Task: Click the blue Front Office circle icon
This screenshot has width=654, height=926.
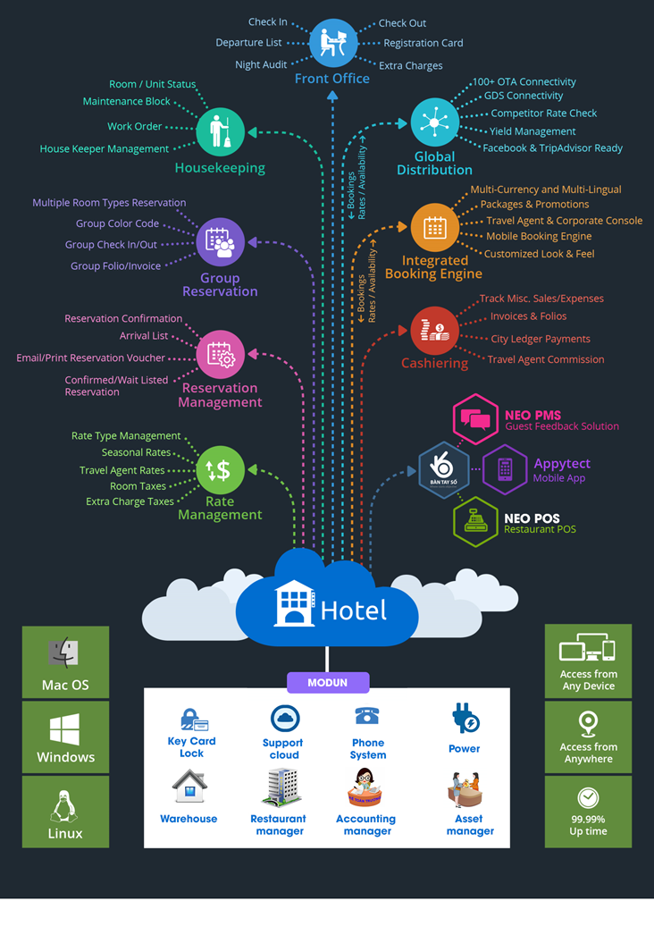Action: click(x=332, y=43)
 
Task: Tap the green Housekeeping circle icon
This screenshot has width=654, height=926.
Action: click(x=220, y=131)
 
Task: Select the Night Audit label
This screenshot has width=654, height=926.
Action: click(x=261, y=64)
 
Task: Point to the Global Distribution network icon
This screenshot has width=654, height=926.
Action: click(x=435, y=122)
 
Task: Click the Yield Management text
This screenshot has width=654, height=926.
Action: click(x=532, y=131)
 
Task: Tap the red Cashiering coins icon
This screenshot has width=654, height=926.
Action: click(x=435, y=330)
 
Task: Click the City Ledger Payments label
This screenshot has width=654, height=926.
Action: click(x=541, y=339)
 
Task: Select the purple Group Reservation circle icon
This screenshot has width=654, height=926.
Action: click(x=220, y=242)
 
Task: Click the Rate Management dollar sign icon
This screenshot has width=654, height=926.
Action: click(x=220, y=469)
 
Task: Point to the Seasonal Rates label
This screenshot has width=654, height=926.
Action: click(x=136, y=452)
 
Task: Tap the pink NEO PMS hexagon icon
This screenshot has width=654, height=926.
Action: click(x=474, y=418)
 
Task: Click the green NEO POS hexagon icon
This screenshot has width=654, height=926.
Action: click(x=474, y=522)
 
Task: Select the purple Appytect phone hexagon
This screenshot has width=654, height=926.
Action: click(x=505, y=469)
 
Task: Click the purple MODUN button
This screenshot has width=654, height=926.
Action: click(x=328, y=682)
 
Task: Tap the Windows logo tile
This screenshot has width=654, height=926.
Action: click(x=65, y=737)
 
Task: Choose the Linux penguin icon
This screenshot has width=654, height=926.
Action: click(x=65, y=807)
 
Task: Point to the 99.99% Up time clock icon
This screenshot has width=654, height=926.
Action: click(x=588, y=797)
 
